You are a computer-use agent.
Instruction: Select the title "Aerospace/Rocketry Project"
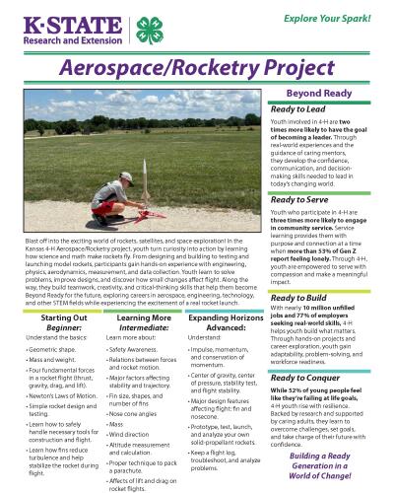[196, 69]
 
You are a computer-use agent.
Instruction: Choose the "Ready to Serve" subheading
[305, 200]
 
